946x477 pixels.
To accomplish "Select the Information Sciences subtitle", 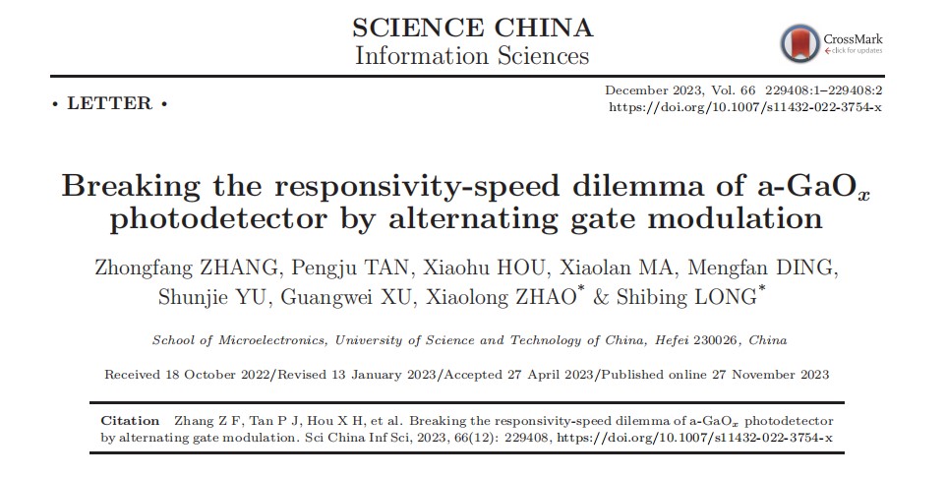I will (472, 55).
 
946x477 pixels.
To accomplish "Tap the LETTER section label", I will (109, 103).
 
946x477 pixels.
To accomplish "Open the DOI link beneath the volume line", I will (744, 106).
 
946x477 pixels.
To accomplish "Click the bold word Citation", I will (130, 420).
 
